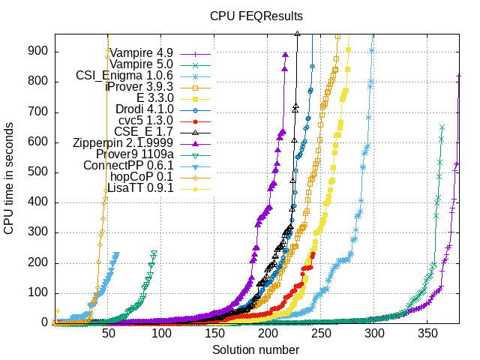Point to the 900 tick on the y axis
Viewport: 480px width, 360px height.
click(x=39, y=51)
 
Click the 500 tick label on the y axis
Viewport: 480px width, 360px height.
click(x=39, y=172)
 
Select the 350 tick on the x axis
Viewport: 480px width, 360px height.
click(x=427, y=334)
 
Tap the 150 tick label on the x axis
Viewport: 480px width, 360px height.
click(x=214, y=334)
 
